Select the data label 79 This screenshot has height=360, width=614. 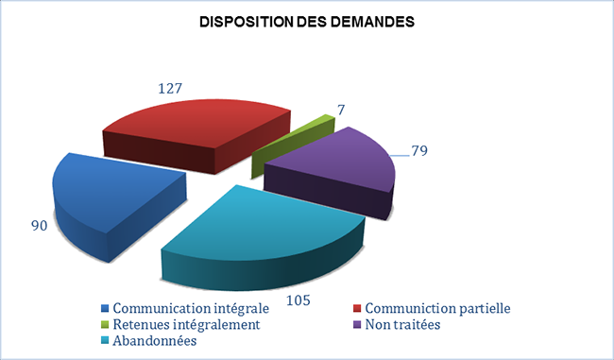click(421, 150)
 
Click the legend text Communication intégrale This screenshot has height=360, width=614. click(189, 308)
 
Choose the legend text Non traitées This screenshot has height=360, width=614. click(403, 324)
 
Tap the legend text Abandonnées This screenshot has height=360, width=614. click(153, 340)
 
